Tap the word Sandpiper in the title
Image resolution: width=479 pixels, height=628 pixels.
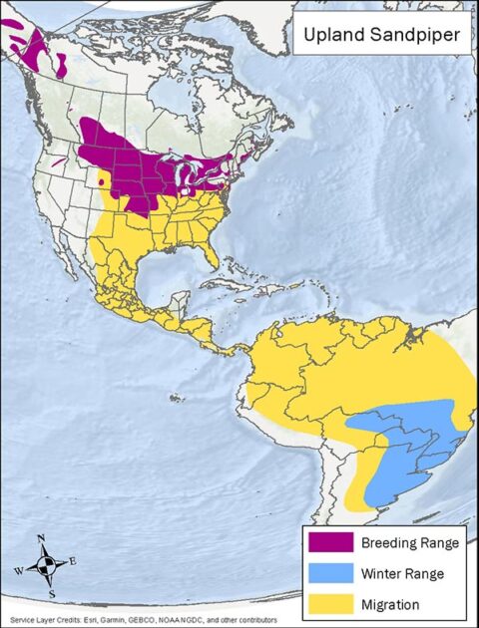click(x=413, y=38)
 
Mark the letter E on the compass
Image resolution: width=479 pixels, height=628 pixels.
click(x=72, y=561)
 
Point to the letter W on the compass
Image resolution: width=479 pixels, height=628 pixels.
click(x=17, y=572)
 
